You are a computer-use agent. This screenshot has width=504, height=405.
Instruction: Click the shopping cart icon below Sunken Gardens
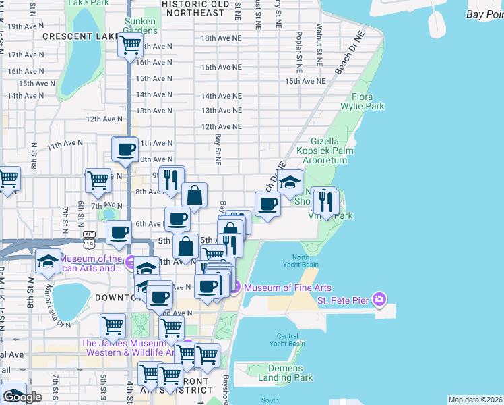tap(129, 45)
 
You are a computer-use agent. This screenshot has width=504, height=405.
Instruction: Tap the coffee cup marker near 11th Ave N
tap(125, 149)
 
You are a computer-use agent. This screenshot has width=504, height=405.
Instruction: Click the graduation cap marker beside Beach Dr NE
tap(290, 182)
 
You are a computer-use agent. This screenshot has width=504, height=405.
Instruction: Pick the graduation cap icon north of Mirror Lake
tap(49, 261)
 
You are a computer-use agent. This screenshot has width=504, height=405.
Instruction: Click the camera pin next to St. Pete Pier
tap(380, 298)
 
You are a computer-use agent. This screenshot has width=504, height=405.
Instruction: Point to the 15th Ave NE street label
tap(305, 81)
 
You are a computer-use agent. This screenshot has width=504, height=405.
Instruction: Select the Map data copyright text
tap(475, 400)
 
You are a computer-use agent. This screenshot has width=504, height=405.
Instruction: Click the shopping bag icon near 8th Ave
tap(194, 196)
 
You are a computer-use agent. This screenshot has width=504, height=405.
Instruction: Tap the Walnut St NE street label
tap(319, 42)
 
